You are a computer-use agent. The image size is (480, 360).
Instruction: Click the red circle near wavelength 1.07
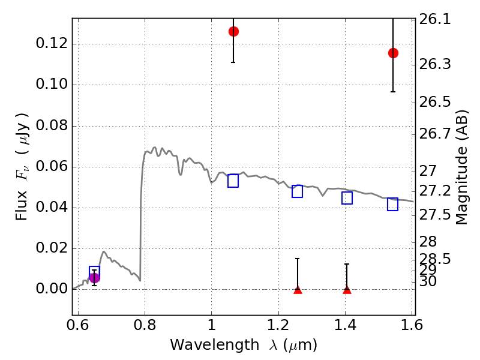[233, 31]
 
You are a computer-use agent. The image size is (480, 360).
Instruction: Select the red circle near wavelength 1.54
[393, 53]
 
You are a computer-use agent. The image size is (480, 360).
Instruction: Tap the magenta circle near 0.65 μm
[94, 277]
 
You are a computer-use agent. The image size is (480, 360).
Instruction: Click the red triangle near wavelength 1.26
[298, 290]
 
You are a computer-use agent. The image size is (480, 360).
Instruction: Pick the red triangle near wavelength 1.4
[347, 290]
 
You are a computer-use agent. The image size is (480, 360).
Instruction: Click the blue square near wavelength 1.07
[233, 181]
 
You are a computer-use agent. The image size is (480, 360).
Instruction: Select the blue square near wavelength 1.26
[298, 191]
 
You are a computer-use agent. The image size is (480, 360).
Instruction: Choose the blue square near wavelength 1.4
[347, 198]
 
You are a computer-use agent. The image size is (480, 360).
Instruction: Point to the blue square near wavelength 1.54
[393, 205]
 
